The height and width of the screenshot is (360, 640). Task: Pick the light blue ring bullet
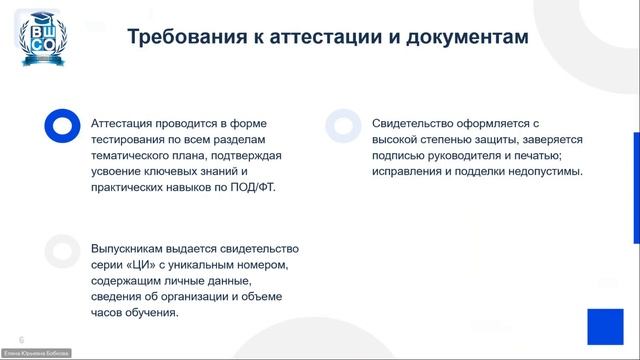(342, 125)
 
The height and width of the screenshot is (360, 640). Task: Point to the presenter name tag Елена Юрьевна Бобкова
(35, 354)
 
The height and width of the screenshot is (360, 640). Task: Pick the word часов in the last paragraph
(110, 312)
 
